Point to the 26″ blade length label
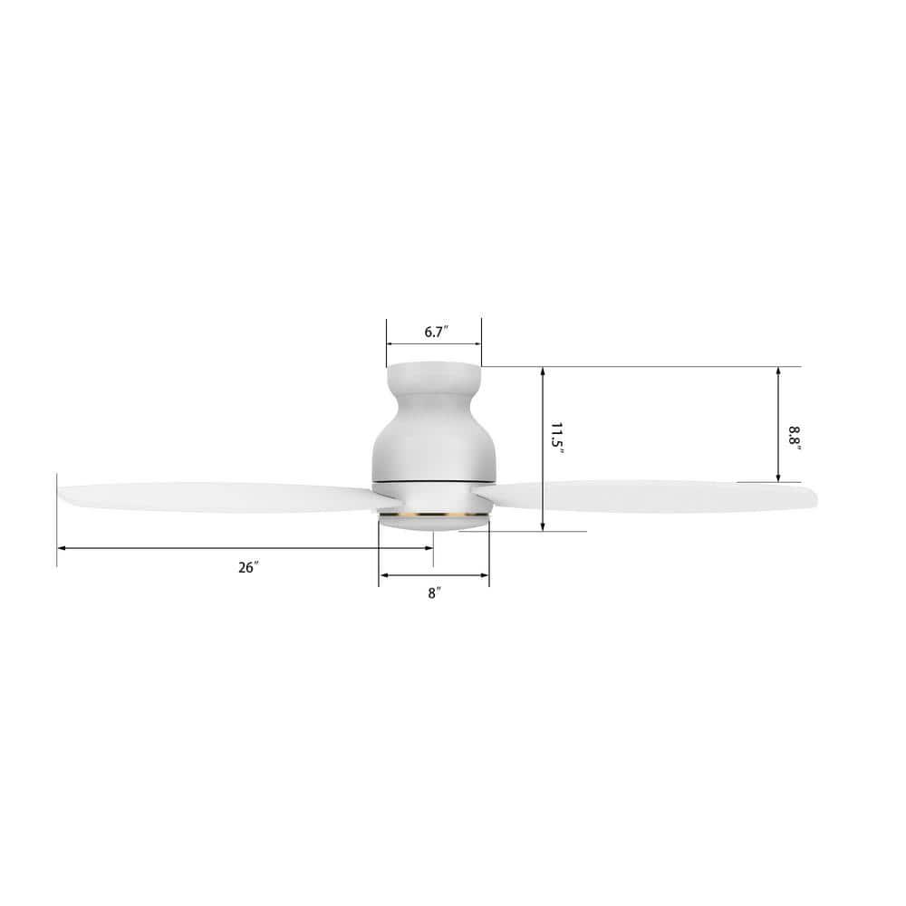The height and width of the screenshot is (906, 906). (x=248, y=567)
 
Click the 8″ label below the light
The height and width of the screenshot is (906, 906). (x=435, y=593)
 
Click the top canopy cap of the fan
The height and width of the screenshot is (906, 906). (x=434, y=372)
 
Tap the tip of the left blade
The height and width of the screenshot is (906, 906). (x=62, y=494)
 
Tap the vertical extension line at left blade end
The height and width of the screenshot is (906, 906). (x=57, y=525)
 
